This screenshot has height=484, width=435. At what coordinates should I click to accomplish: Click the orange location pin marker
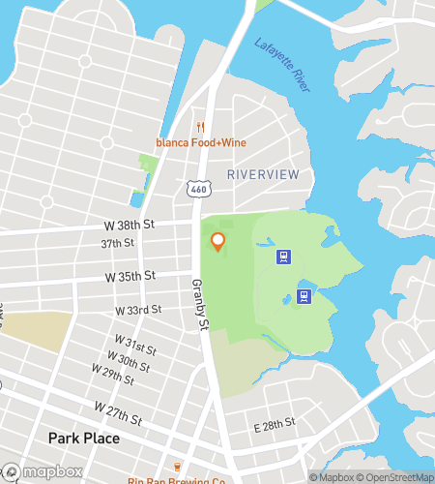(218, 242)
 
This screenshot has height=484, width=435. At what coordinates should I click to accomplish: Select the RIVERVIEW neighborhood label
(263, 173)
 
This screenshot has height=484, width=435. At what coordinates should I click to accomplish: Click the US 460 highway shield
(198, 190)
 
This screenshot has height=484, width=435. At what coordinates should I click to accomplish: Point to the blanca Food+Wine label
(201, 142)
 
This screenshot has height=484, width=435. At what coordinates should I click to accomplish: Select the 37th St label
(118, 244)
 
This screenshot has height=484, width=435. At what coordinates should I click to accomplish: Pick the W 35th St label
(131, 277)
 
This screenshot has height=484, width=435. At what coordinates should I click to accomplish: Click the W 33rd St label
(138, 310)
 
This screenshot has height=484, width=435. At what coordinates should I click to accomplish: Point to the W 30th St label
(130, 356)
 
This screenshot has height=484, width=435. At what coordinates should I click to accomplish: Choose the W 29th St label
(113, 370)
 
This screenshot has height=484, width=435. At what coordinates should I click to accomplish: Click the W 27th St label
(119, 413)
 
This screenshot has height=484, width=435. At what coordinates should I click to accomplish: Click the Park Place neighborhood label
(84, 439)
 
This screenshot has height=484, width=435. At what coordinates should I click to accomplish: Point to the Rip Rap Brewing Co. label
(177, 479)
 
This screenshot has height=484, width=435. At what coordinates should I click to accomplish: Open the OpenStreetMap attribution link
(396, 477)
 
